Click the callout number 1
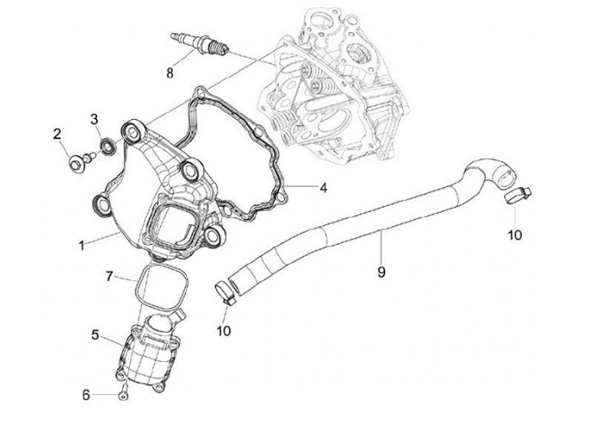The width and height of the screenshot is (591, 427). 81,246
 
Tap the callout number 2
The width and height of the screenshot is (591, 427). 57,134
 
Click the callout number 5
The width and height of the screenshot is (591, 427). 95,335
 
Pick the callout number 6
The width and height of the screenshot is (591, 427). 85,395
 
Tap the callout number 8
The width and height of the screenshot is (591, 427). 170,73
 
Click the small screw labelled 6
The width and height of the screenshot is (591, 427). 121,393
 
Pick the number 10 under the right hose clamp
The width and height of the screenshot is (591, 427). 514,236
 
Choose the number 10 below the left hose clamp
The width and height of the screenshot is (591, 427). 222,331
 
